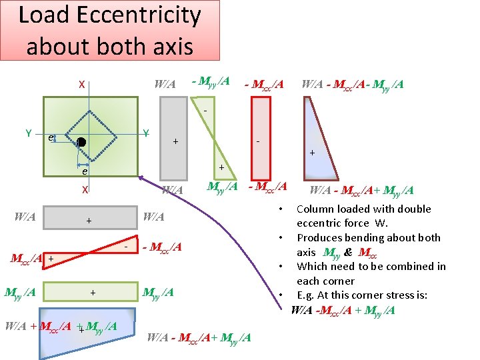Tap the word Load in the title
(45, 15)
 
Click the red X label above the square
(81, 85)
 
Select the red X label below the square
(85, 189)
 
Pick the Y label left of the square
(29, 133)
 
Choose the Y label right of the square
(146, 133)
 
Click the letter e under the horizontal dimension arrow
(84, 171)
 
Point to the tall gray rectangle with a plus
(174, 141)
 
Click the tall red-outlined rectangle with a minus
(261, 141)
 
